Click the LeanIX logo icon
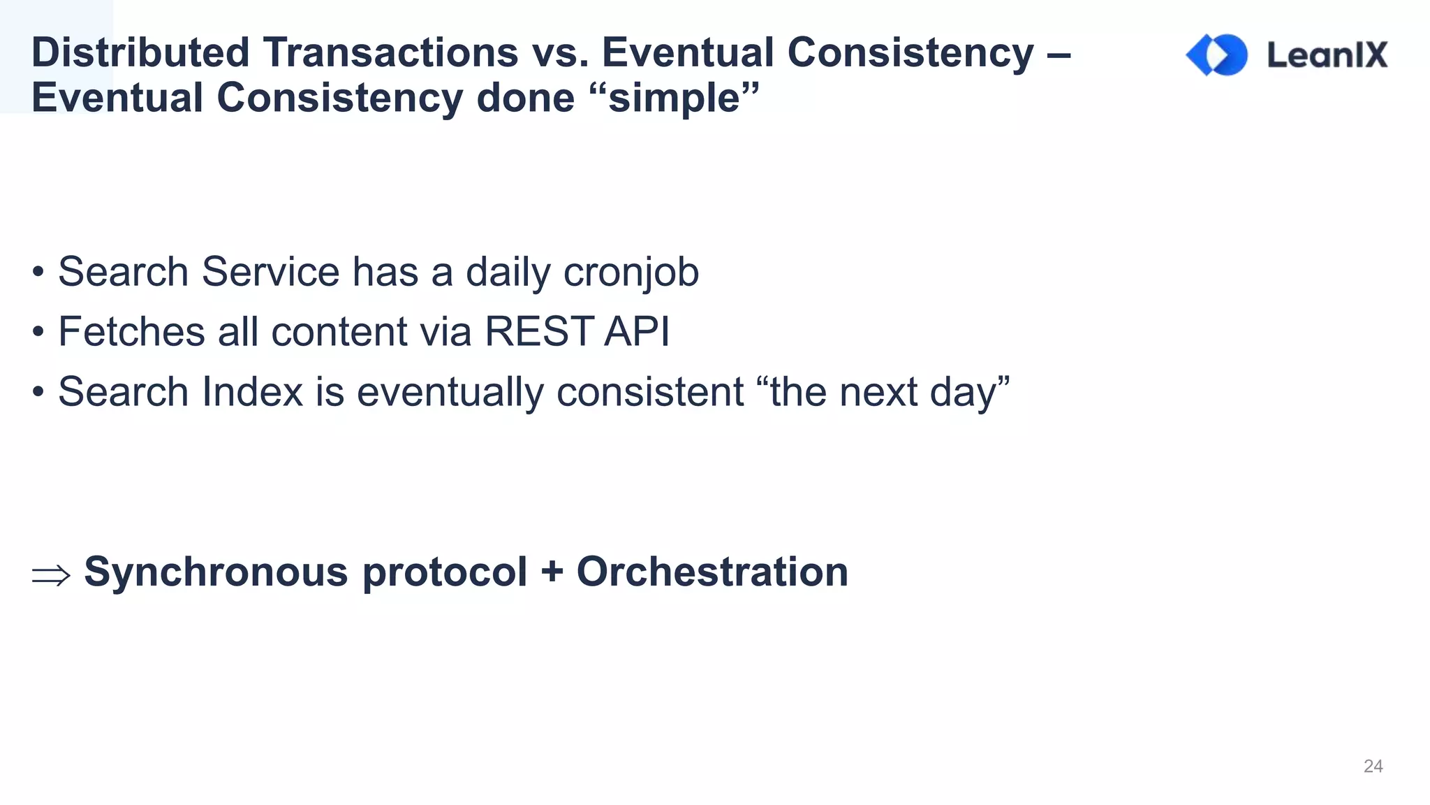(1217, 55)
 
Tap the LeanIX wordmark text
(1327, 55)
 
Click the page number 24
(1373, 766)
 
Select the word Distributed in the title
(140, 52)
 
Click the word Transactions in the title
(390, 52)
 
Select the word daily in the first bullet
(508, 272)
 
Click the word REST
(539, 331)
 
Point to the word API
(636, 331)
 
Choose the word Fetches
(132, 331)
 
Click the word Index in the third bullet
(252, 391)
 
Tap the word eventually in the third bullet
(450, 391)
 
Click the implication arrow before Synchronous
(51, 575)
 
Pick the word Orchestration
(712, 572)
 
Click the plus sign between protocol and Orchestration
(552, 572)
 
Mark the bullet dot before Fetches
(38, 332)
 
